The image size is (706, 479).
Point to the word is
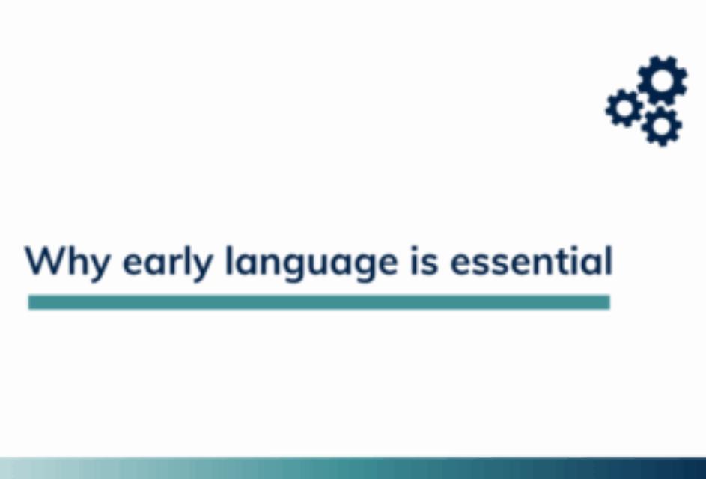[424, 261]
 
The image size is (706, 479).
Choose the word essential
[532, 261]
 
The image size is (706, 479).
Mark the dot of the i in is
[414, 249]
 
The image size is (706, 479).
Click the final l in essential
[609, 260]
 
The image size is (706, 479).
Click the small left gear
[624, 108]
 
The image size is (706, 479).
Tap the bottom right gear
[661, 126]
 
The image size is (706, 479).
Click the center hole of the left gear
[624, 108]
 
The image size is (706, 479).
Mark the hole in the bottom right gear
[661, 126]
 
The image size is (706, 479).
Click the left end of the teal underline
[28, 302]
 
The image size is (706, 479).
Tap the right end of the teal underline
[609, 302]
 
